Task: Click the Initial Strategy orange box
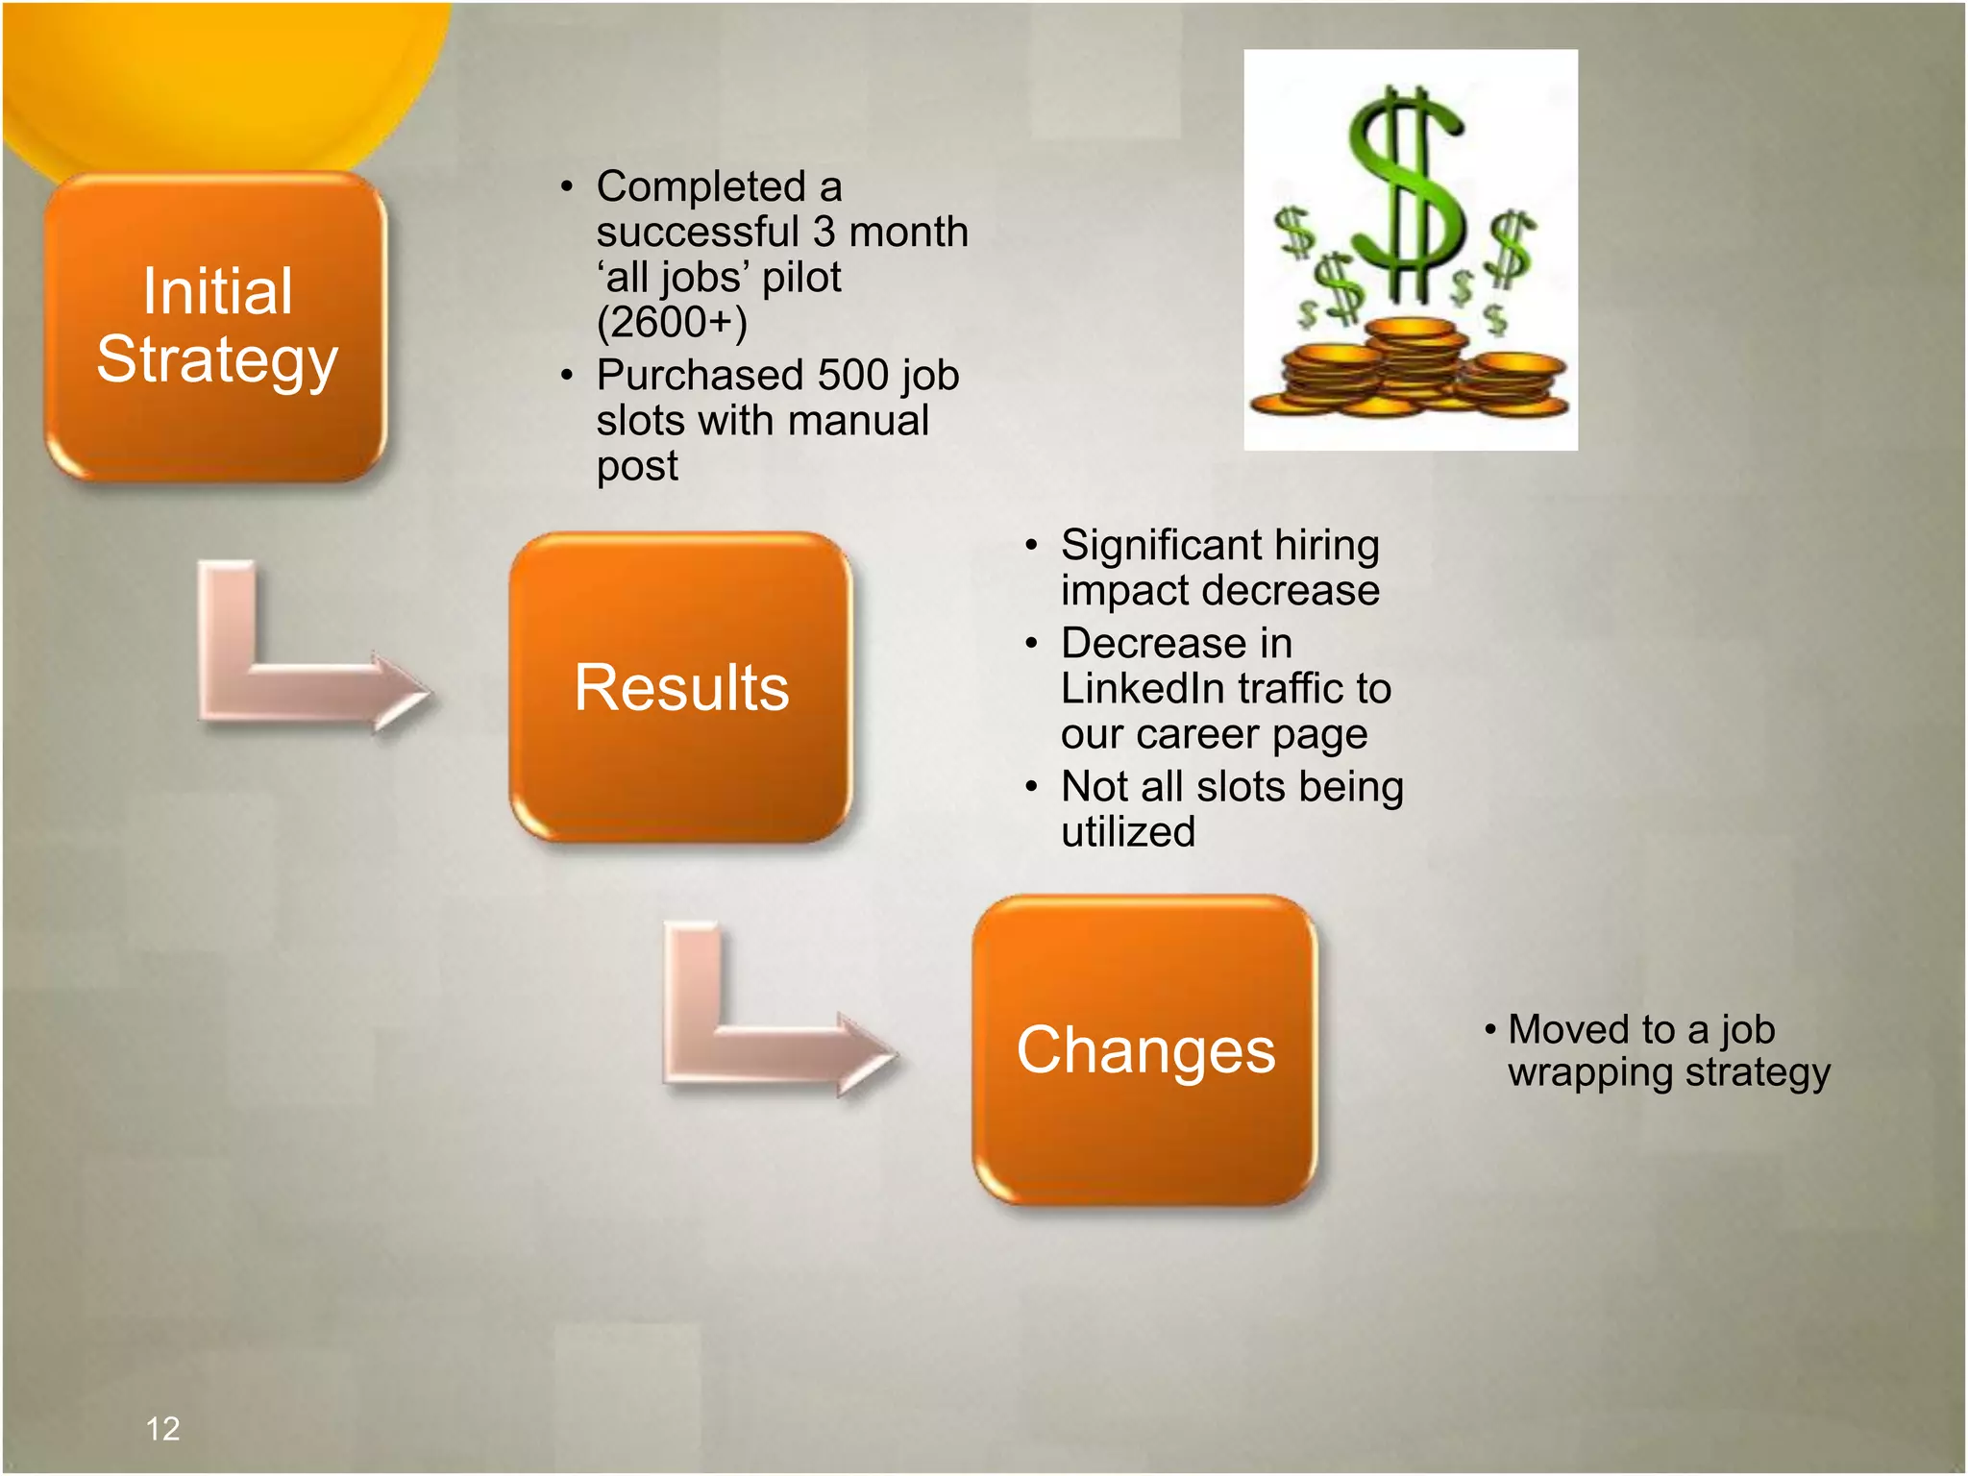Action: (216, 327)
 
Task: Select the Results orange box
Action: (680, 687)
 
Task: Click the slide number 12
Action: (162, 1428)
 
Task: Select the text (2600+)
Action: (672, 322)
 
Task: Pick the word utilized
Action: (1128, 832)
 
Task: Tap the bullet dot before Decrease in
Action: (1031, 643)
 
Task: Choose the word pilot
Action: (801, 277)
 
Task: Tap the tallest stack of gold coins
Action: (1410, 360)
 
